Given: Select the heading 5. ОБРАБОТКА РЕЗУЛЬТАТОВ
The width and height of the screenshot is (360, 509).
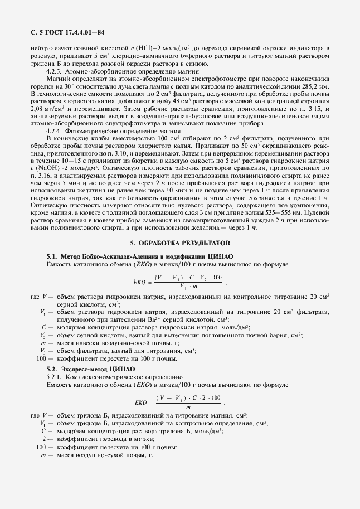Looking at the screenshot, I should (x=179, y=243).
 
